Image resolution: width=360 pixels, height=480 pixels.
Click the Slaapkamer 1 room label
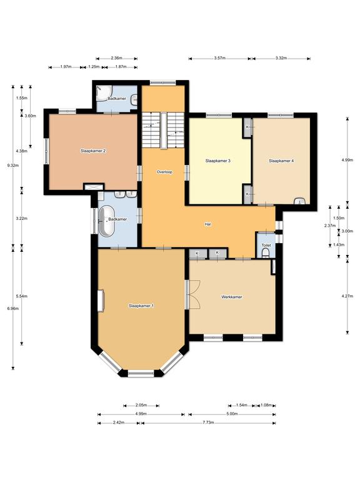(141, 306)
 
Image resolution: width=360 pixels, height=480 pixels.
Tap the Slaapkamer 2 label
(93, 151)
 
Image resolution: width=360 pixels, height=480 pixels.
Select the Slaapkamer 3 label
(217, 161)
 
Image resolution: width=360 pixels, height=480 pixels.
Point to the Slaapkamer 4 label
(281, 161)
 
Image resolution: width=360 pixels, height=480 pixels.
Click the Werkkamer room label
(231, 297)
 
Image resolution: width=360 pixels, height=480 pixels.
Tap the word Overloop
(165, 172)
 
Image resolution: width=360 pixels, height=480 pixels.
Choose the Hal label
(208, 224)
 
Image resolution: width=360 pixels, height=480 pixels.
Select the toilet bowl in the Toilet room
(266, 252)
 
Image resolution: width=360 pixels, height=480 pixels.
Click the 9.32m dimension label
(13, 166)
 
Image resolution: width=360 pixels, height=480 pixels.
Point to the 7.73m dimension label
(207, 422)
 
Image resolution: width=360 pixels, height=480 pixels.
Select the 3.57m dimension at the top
(220, 58)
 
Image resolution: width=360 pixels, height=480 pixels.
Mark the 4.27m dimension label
(347, 296)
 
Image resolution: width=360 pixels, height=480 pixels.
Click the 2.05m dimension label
(141, 405)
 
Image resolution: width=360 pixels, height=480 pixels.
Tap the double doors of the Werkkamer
(194, 294)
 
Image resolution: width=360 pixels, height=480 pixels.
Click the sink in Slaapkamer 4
(300, 201)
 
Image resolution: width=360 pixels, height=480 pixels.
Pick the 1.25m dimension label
(94, 67)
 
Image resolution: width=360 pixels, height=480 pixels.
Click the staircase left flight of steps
(151, 130)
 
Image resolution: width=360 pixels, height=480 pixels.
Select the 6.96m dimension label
(13, 309)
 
